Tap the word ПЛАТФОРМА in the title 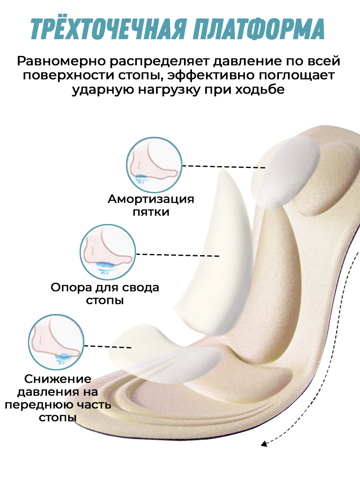tap(258, 29)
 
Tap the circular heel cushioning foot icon tap(154, 165)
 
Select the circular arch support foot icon tap(108, 252)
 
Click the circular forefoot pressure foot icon tap(56, 342)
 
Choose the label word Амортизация tap(151, 199)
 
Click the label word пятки tap(151, 212)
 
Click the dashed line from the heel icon tap(224, 167)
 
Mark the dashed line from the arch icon tap(178, 255)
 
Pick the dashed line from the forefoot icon tap(108, 346)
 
